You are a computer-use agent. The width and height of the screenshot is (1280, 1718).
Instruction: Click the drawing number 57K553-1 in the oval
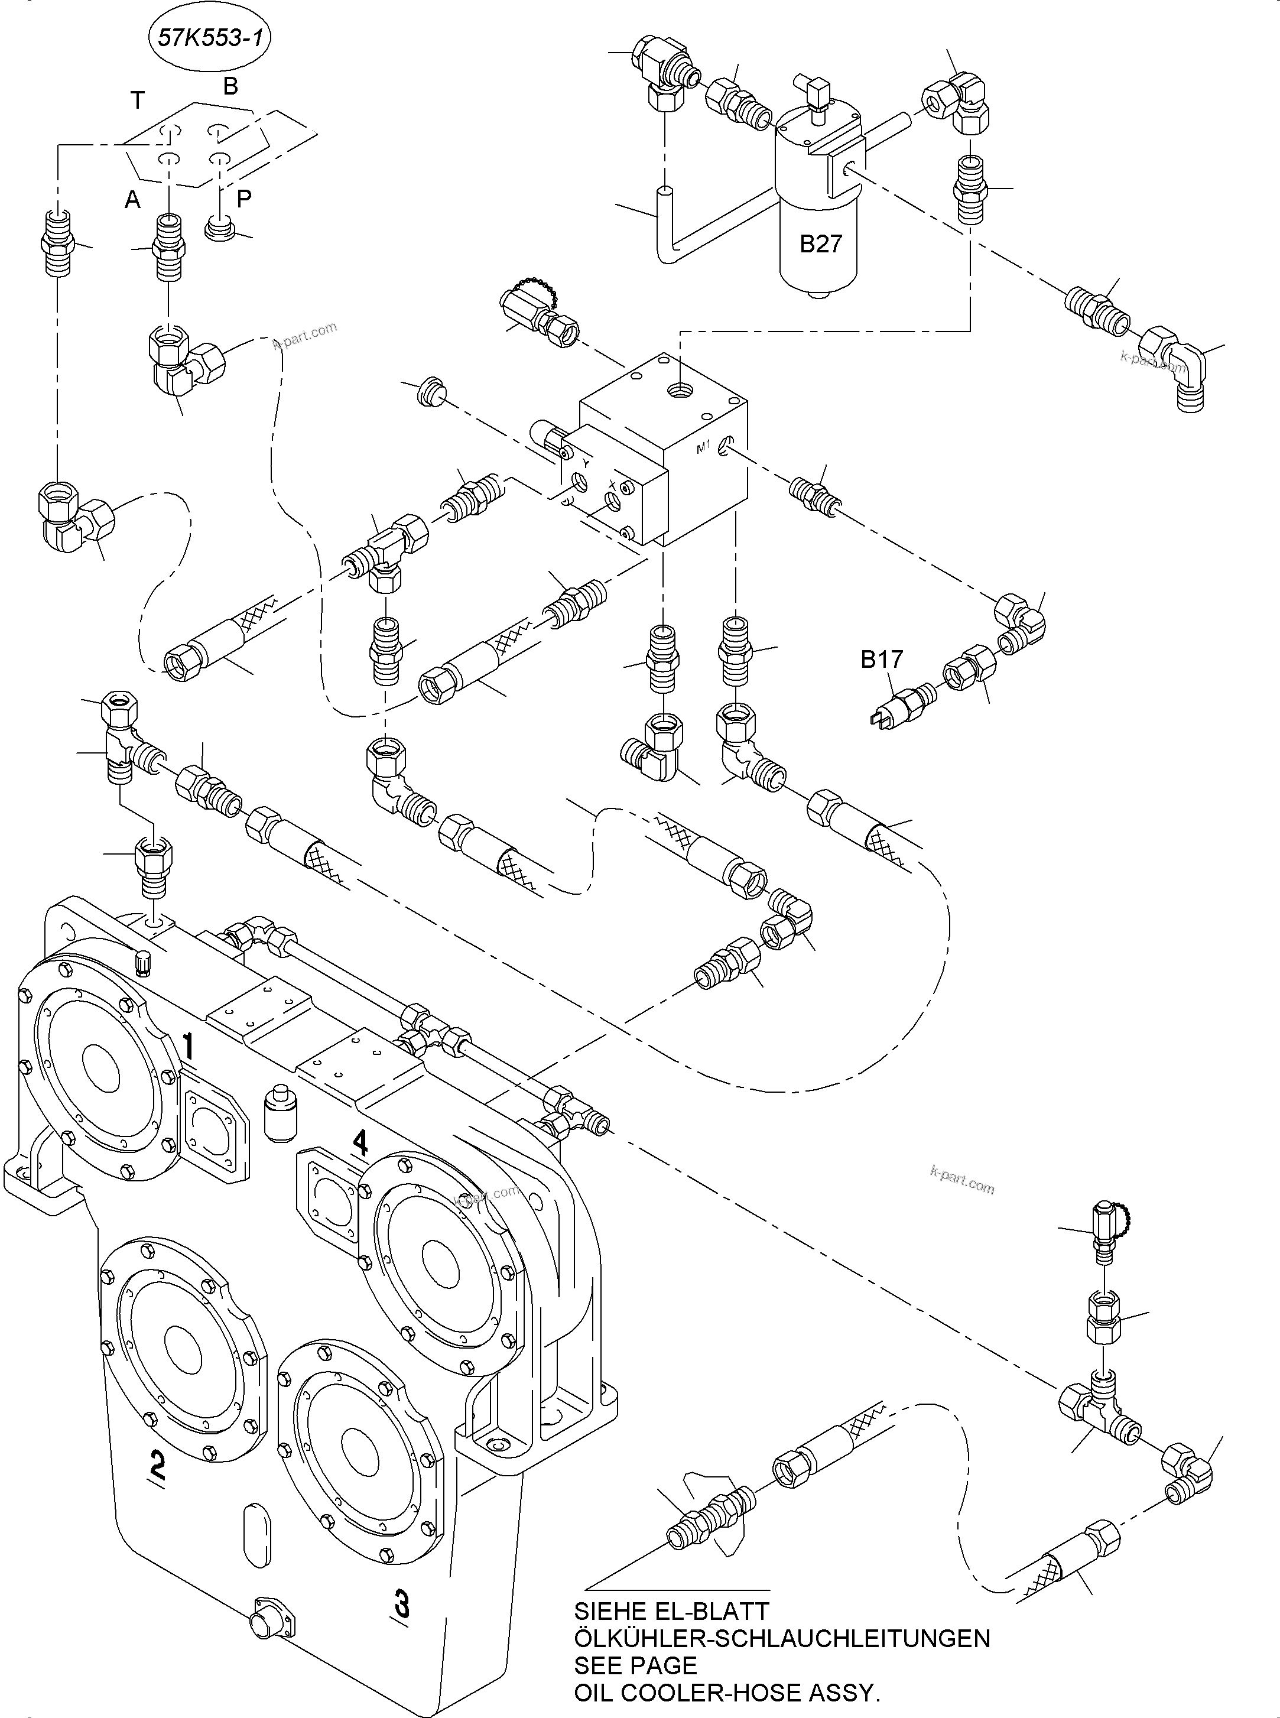pyautogui.click(x=209, y=38)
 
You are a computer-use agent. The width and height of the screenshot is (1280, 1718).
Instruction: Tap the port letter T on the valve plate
pyautogui.click(x=137, y=100)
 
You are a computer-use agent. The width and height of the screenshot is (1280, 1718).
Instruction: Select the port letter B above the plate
pyautogui.click(x=230, y=86)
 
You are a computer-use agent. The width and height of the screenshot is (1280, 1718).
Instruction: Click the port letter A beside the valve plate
pyautogui.click(x=132, y=200)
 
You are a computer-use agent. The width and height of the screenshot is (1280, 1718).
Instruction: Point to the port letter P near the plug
pyautogui.click(x=244, y=199)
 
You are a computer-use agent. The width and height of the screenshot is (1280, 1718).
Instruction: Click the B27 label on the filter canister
pyautogui.click(x=820, y=244)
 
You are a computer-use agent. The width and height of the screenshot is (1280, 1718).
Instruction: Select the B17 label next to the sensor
pyautogui.click(x=882, y=660)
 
